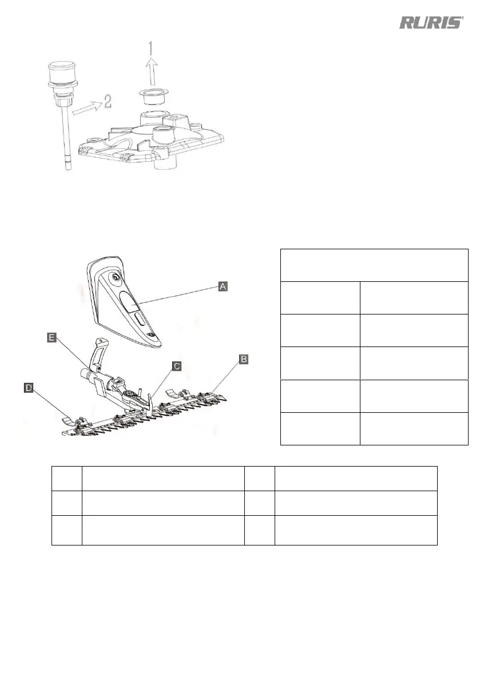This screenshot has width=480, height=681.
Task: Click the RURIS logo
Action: pos(430,23)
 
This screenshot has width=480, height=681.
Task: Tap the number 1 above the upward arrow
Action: pos(150,47)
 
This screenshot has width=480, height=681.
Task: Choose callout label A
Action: pos(224,286)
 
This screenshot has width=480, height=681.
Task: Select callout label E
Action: pos(51,338)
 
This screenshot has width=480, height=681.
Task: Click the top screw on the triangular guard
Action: pos(116,277)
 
